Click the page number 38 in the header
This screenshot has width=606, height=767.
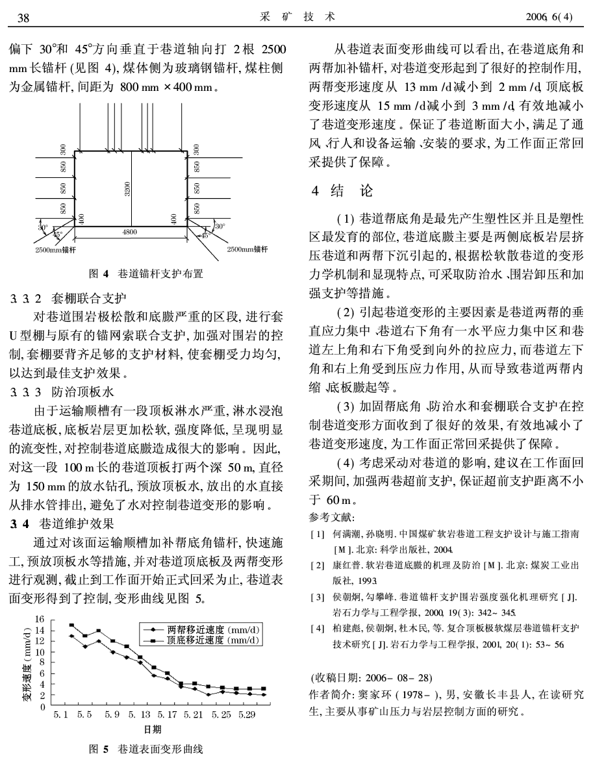[23, 18]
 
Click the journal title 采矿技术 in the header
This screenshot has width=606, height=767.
[297, 18]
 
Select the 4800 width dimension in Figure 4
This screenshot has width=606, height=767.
[131, 231]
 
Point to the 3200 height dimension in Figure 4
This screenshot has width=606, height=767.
[129, 188]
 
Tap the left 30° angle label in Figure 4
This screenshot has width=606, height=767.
[43, 227]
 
